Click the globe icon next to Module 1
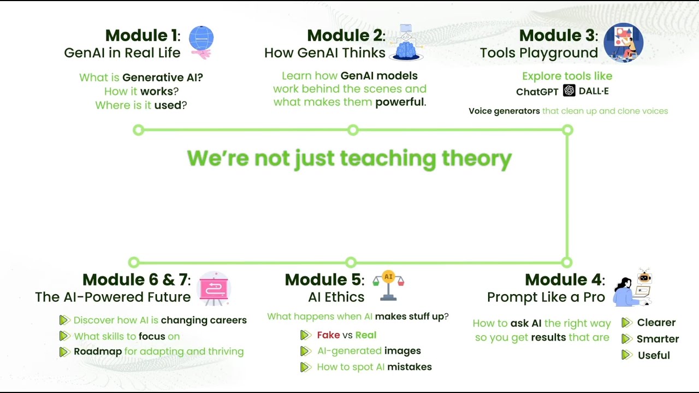[x=201, y=39]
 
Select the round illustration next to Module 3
[x=624, y=43]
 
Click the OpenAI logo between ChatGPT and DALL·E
[x=569, y=91]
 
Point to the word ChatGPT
[x=537, y=92]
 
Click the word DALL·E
[x=594, y=91]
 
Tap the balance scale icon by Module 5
[x=388, y=285]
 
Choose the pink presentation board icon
[x=214, y=288]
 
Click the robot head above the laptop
[x=644, y=277]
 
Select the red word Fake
[x=328, y=335]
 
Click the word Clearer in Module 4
[x=656, y=323]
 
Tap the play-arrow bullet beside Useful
[x=627, y=355]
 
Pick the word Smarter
[x=657, y=339]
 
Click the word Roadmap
[x=98, y=352]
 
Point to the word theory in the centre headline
[x=476, y=158]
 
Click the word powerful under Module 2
[x=399, y=102]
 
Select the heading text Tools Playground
[x=538, y=53]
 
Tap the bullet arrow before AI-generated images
[x=305, y=351]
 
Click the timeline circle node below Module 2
[x=353, y=130]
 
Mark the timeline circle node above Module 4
[x=567, y=263]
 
